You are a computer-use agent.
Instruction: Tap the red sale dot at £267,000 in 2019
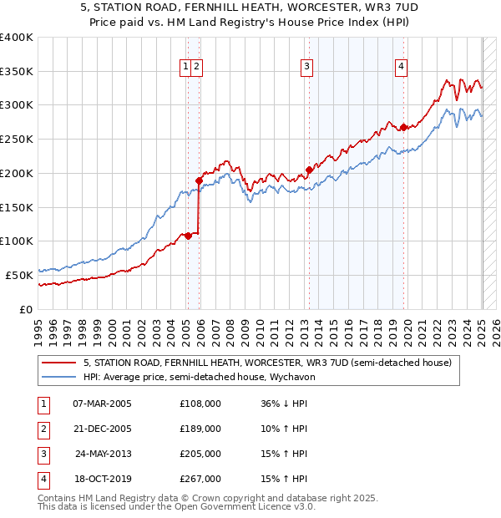point(403,127)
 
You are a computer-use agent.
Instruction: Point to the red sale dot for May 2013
point(309,170)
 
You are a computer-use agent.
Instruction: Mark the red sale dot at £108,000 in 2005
point(188,236)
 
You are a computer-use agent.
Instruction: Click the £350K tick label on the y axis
point(17,72)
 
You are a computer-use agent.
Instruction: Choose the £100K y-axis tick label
point(17,241)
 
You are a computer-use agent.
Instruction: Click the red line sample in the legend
point(59,363)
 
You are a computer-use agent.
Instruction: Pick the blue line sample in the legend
point(59,377)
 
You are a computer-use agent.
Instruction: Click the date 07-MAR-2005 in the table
point(102,404)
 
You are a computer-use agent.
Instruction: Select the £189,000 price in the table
point(200,429)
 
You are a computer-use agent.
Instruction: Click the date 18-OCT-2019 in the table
point(102,479)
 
